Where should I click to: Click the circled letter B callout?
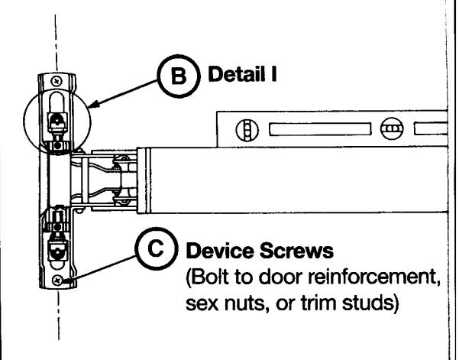point(179,76)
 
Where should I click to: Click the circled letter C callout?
point(157,248)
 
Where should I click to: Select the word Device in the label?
point(220,251)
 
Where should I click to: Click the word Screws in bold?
point(296,251)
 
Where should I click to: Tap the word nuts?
point(247,303)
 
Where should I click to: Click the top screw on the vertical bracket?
point(57,80)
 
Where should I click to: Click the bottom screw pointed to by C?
point(57,281)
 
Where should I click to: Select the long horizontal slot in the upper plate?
point(320,129)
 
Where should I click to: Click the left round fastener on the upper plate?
point(247,129)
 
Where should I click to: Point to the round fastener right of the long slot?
point(392,128)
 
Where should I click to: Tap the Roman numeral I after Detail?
point(273,74)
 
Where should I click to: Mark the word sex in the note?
point(202,303)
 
